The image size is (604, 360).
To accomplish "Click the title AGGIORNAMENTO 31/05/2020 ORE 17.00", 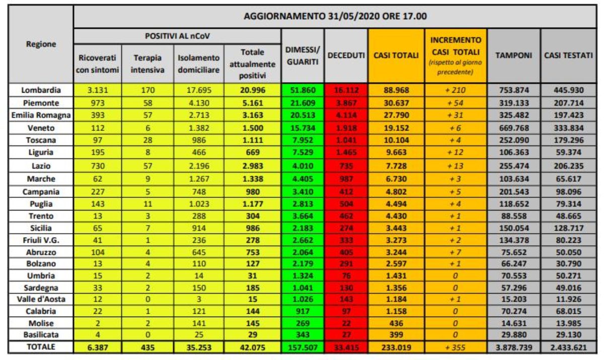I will pyautogui.click(x=335, y=16).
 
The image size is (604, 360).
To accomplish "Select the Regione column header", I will pyautogui.click(x=41, y=44).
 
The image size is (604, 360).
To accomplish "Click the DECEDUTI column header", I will pyautogui.click(x=346, y=55).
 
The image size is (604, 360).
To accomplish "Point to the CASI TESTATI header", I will pyautogui.click(x=568, y=55).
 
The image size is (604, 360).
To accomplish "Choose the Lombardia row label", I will pyautogui.click(x=41, y=90).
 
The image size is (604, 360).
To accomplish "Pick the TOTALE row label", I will pyautogui.click(x=41, y=346).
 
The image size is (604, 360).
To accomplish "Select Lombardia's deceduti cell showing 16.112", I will pyautogui.click(x=346, y=90).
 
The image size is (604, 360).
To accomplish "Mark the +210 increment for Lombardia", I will pyautogui.click(x=455, y=90).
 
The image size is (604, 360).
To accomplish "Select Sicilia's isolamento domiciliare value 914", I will pyautogui.click(x=198, y=228).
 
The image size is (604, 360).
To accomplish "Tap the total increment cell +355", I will pyautogui.click(x=455, y=347).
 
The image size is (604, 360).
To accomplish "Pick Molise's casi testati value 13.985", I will pyautogui.click(x=568, y=323).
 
